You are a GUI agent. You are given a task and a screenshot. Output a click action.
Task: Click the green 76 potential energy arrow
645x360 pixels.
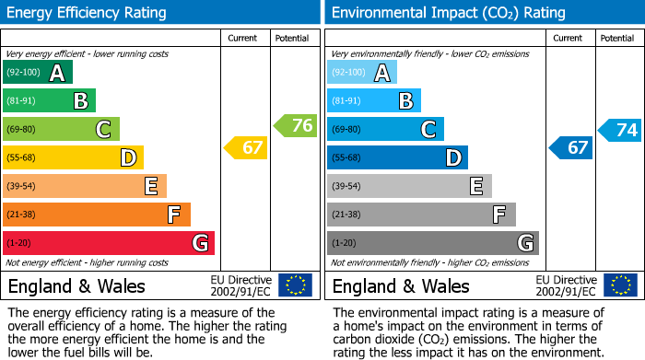click(x=296, y=125)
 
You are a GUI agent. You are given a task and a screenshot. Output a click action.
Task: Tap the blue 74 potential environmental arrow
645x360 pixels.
click(x=620, y=130)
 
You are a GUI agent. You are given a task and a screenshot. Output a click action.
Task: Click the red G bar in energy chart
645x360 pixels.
click(x=109, y=243)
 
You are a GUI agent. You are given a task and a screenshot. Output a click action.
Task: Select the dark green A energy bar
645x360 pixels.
click(x=38, y=73)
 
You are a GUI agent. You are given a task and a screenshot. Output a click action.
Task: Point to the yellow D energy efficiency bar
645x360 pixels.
click(x=73, y=158)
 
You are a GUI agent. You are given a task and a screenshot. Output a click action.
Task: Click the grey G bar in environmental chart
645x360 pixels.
click(x=432, y=243)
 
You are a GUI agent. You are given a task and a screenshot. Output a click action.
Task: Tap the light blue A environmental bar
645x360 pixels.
click(x=362, y=73)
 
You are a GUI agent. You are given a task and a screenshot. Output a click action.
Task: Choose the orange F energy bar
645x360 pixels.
click(x=97, y=215)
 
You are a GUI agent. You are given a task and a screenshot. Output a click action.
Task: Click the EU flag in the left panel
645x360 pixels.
click(x=295, y=285)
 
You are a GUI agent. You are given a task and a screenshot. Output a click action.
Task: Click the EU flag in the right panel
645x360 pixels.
click(x=619, y=285)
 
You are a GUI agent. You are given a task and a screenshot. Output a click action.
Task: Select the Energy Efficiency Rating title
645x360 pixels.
click(x=87, y=13)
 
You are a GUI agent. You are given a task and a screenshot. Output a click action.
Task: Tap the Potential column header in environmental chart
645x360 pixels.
click(x=617, y=38)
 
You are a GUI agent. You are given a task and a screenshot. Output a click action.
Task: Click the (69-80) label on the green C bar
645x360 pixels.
click(x=22, y=130)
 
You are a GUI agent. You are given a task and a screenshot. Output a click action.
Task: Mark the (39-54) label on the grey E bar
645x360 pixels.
click(x=346, y=187)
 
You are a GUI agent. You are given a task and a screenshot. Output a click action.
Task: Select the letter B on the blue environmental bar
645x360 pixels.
click(x=405, y=101)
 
